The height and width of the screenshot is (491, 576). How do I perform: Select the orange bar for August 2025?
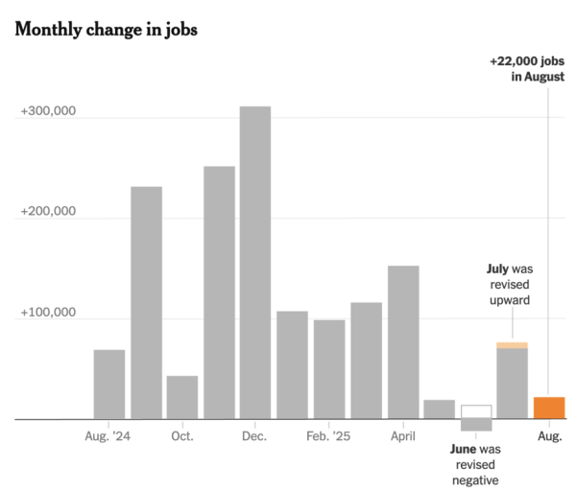tap(549, 408)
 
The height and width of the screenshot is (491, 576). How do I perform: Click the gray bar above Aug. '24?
tap(109, 384)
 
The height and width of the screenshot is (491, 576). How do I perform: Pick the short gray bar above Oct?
tap(182, 397)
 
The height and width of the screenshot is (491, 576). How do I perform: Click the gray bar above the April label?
tap(403, 342)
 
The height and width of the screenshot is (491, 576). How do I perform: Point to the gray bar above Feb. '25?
tap(329, 369)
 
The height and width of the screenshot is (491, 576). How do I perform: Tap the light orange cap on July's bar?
tap(512, 345)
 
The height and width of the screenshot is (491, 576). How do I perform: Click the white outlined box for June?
tap(476, 411)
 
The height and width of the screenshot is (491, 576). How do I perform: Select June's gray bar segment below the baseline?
tap(476, 425)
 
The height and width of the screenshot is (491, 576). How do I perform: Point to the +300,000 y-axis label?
tap(47, 113)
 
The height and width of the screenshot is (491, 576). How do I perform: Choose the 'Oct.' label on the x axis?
tap(182, 436)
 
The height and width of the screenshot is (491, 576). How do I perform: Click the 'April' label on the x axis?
tap(403, 436)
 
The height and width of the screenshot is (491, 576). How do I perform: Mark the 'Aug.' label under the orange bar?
tap(549, 436)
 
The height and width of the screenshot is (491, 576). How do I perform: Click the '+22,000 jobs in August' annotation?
tap(527, 68)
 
